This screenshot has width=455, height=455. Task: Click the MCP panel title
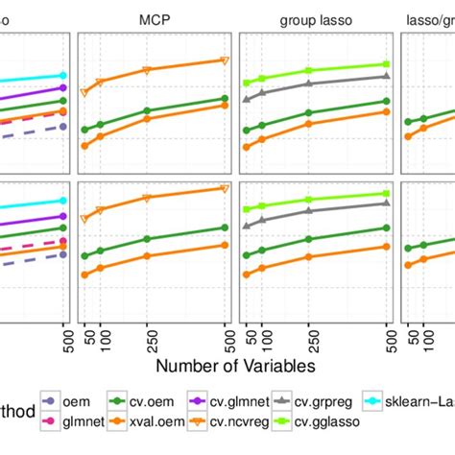tap(154, 18)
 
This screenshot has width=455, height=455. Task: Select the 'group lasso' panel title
tap(315, 18)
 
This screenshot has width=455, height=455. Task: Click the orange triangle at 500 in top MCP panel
tap(225, 60)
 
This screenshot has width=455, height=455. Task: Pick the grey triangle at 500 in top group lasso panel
tap(386, 75)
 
